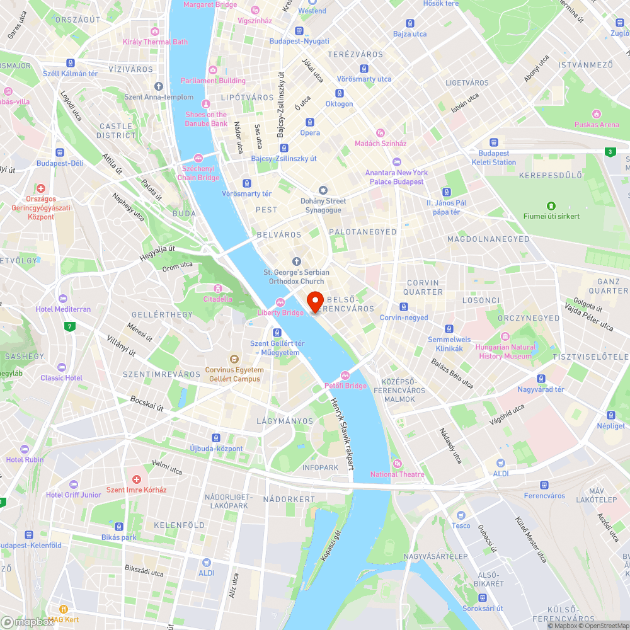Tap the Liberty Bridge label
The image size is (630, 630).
(280, 312)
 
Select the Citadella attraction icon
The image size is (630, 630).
(217, 289)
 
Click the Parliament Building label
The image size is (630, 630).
(213, 81)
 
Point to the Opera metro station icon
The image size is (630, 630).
(310, 122)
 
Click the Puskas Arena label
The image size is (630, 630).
(596, 124)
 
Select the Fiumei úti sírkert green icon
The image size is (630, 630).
(551, 205)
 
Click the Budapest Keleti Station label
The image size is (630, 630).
(493, 157)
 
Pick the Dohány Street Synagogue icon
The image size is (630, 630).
(323, 190)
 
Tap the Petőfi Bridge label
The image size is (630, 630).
(345, 386)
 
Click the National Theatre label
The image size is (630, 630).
(397, 474)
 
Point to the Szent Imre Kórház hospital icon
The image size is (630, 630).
(136, 479)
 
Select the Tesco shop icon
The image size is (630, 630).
(461, 515)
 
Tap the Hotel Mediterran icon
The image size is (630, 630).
(62, 299)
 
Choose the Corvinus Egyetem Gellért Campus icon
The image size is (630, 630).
(234, 359)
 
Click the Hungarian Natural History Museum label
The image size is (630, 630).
(506, 352)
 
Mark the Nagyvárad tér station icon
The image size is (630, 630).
(541, 379)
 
